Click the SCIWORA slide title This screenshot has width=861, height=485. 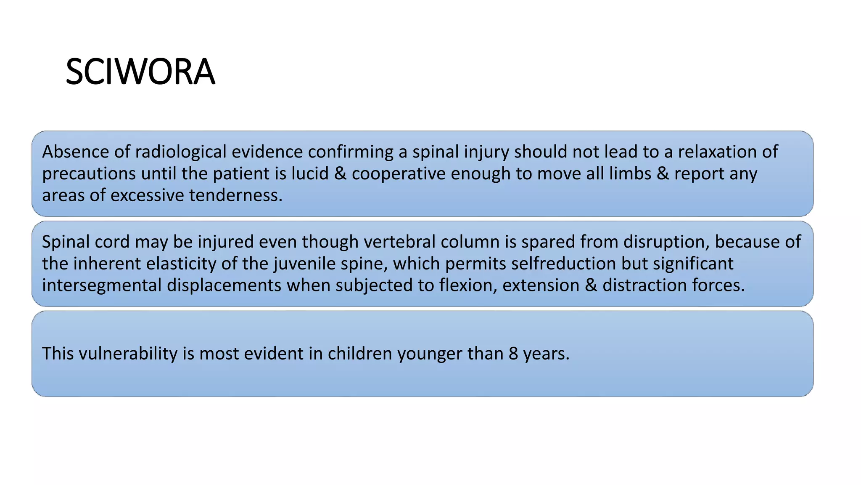click(x=140, y=72)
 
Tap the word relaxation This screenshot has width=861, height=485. click(x=717, y=152)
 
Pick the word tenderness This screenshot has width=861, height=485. click(x=235, y=195)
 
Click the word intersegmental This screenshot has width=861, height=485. click(x=102, y=285)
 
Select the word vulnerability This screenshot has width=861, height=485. click(x=128, y=354)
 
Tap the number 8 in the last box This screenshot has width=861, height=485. click(x=513, y=354)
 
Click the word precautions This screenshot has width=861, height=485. click(x=89, y=173)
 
